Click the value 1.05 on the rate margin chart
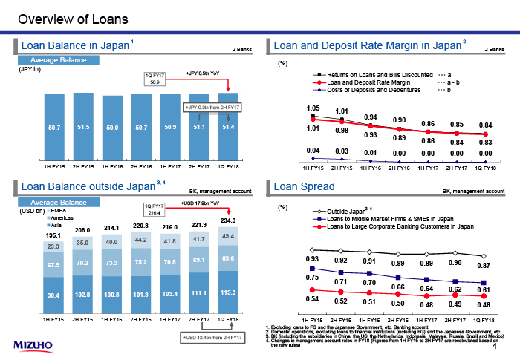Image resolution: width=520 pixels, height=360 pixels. coord(313,108)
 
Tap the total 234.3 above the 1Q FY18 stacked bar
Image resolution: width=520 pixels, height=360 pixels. coord(228,220)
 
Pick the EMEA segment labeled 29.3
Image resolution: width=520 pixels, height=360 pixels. coord(53,246)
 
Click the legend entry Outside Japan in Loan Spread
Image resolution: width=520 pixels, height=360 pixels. coord(346,211)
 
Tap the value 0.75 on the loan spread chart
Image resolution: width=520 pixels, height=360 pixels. coord(313,277)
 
